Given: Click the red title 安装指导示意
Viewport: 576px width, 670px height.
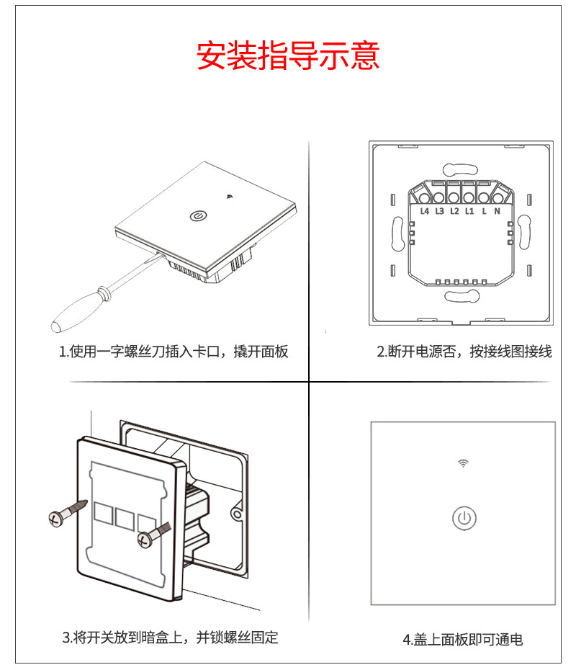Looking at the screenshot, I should (288, 56).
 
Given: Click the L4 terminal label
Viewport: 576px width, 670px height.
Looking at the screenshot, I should (424, 211).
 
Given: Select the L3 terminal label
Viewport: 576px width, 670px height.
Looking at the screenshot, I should (439, 211).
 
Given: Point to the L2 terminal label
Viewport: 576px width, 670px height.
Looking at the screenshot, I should (454, 211).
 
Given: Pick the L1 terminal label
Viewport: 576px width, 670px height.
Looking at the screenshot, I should (469, 211).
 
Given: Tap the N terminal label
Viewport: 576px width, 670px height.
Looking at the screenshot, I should (498, 211).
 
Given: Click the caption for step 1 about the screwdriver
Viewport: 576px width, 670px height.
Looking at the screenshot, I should (174, 352).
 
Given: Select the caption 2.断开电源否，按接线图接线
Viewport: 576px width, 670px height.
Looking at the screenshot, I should (464, 352).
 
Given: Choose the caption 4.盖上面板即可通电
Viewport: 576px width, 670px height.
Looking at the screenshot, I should (462, 639).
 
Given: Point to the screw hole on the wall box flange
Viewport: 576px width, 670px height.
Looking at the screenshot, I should (235, 514).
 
